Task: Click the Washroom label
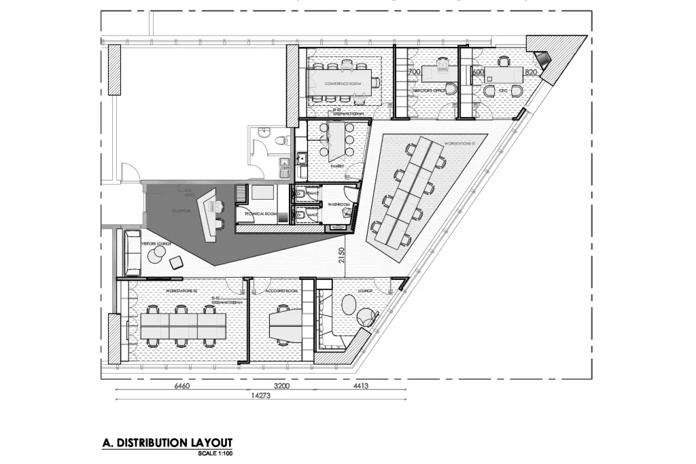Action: point(338,204)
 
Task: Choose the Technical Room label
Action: point(261,214)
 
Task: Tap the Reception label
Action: point(181,211)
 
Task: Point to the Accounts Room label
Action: point(283,290)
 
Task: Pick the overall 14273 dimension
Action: point(261,395)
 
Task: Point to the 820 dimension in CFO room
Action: point(531,71)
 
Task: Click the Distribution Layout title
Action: point(167,443)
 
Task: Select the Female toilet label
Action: point(312,194)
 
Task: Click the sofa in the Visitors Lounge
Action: point(130,249)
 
